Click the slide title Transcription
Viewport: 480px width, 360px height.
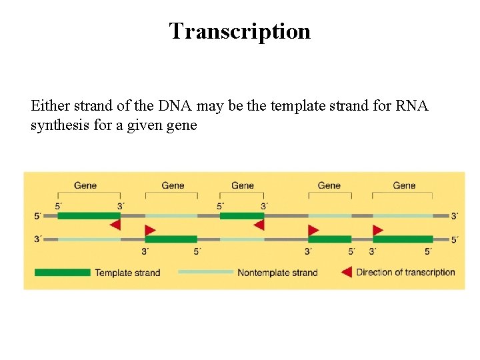[x=239, y=31]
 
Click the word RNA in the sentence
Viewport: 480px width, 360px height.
[x=411, y=105]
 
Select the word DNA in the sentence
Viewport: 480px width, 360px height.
[x=175, y=105]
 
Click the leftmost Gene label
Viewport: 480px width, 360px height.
[x=85, y=185]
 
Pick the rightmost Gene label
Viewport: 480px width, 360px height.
[x=404, y=185]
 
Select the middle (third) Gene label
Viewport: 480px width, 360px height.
[x=242, y=185]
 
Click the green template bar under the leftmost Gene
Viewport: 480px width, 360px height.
[x=89, y=215]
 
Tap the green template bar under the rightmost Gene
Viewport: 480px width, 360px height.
[x=403, y=239]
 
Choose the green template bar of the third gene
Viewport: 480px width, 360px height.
[x=241, y=215]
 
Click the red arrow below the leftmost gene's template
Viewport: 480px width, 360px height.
[x=115, y=225]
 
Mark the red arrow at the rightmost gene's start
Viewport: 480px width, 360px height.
[x=378, y=230]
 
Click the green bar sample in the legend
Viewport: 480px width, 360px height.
[x=62, y=272]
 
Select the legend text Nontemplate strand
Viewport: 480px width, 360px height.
[x=277, y=272]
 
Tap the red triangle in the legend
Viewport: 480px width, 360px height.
[x=346, y=272]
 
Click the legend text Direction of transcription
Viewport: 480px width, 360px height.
[x=405, y=272]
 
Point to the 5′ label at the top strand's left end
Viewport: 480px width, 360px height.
[x=38, y=216]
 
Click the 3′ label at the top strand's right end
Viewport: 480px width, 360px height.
[x=455, y=216]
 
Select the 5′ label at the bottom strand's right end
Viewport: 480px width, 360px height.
[x=455, y=239]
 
